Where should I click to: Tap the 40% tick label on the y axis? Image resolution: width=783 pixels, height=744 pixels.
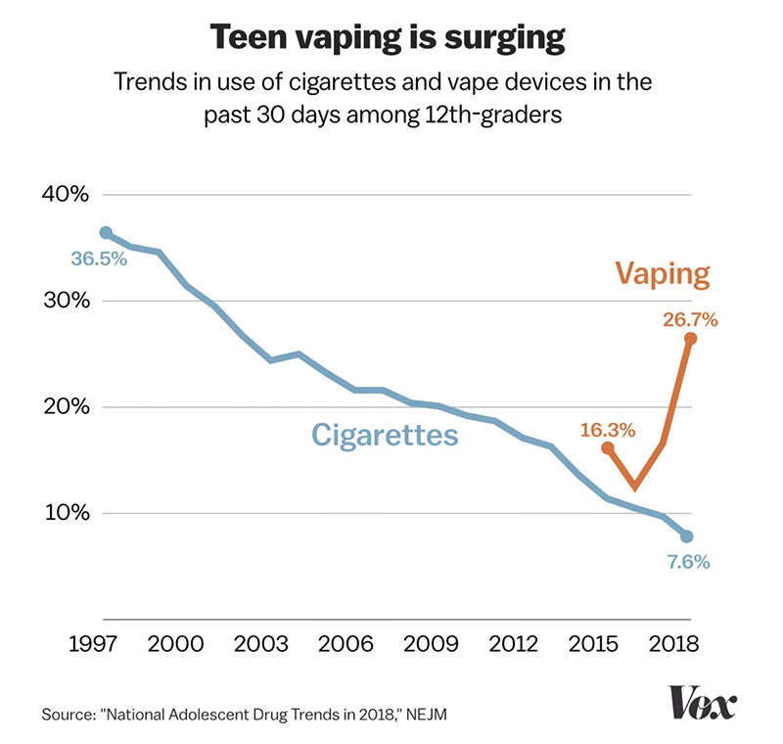click(66, 194)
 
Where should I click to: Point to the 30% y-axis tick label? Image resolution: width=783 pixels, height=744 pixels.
click(66, 301)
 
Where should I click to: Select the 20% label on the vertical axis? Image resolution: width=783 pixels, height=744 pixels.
click(66, 407)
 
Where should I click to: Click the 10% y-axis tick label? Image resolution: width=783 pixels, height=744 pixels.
click(66, 514)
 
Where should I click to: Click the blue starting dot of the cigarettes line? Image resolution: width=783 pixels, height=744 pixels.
click(106, 233)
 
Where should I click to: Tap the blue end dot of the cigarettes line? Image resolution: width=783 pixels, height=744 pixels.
click(687, 536)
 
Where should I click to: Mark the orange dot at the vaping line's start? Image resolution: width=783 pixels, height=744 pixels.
click(608, 447)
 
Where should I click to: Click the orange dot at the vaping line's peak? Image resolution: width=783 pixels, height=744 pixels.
click(690, 339)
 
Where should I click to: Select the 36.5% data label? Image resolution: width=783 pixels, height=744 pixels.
click(99, 260)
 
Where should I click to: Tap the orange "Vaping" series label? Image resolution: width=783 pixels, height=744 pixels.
click(662, 273)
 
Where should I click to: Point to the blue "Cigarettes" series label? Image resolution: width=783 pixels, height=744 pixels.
click(385, 434)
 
